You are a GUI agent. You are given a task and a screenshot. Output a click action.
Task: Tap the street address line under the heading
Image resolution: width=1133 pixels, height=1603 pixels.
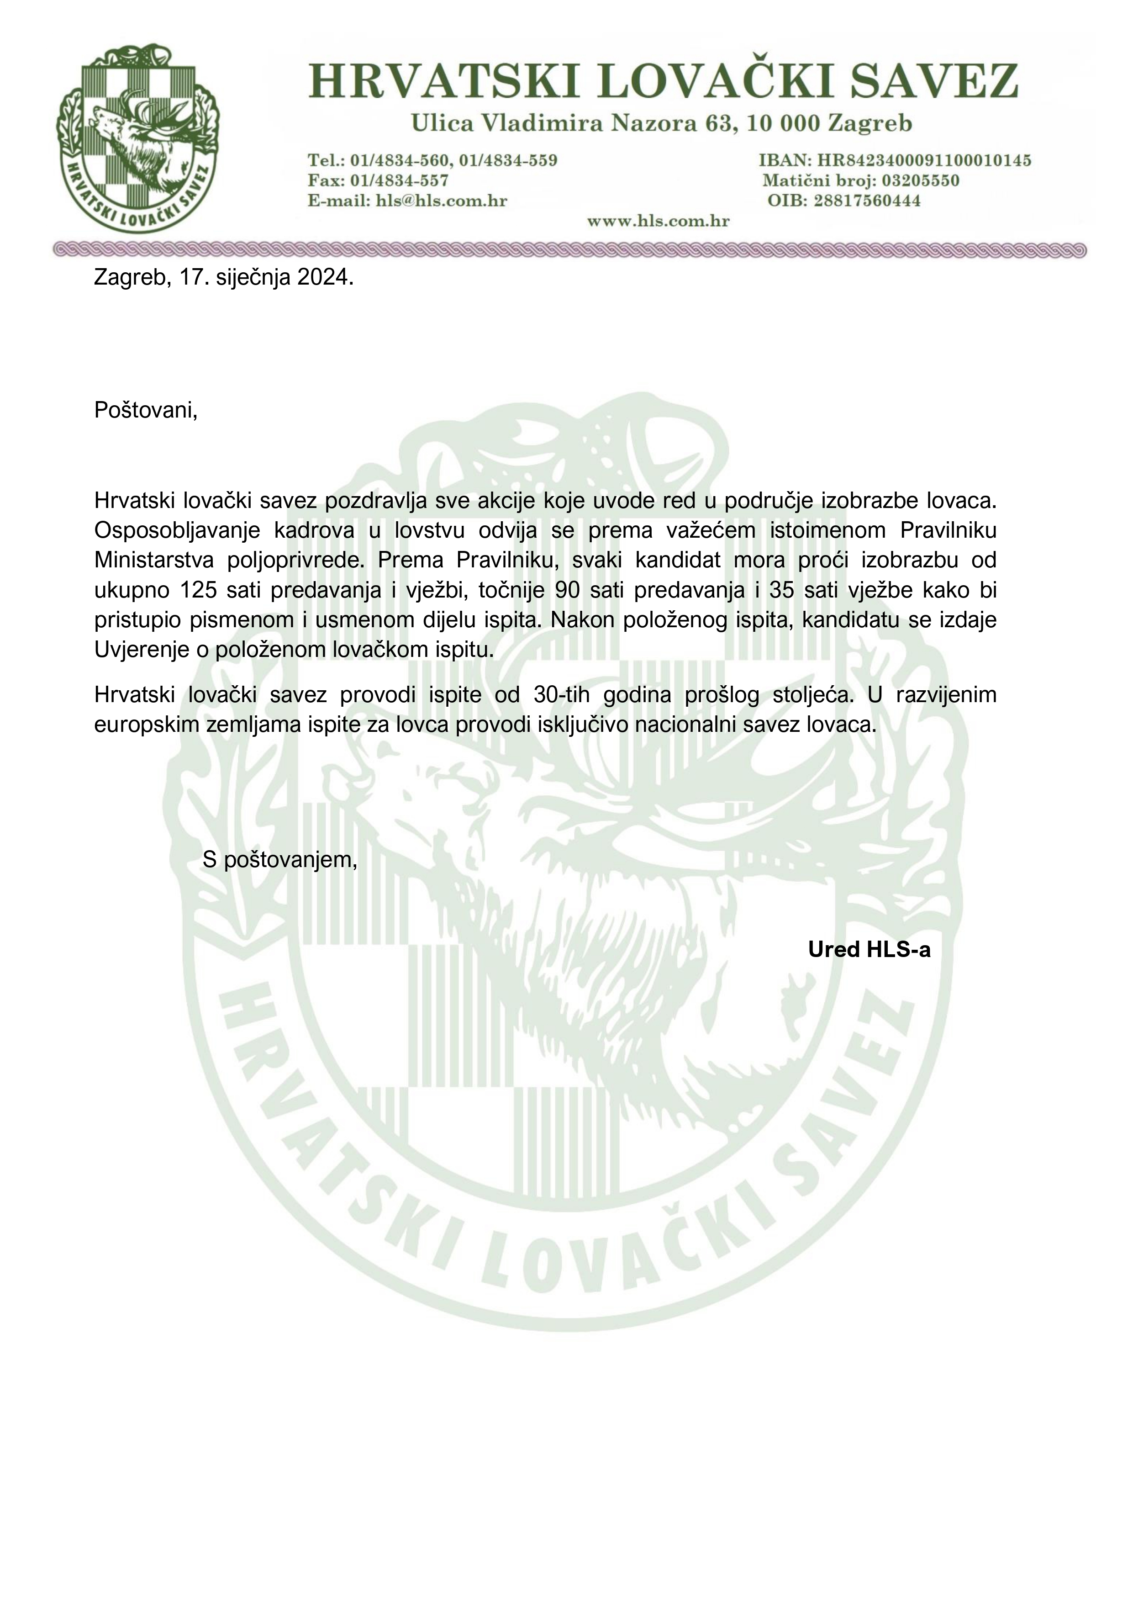tap(661, 124)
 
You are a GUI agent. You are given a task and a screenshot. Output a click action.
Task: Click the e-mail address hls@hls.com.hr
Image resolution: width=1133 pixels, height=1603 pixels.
tap(441, 201)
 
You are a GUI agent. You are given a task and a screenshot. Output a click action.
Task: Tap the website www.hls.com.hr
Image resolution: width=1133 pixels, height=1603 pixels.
tap(659, 221)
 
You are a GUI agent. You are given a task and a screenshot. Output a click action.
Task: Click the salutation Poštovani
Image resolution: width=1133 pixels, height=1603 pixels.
tap(146, 410)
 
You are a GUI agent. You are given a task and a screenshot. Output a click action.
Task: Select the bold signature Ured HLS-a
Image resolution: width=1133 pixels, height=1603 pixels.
tap(869, 950)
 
